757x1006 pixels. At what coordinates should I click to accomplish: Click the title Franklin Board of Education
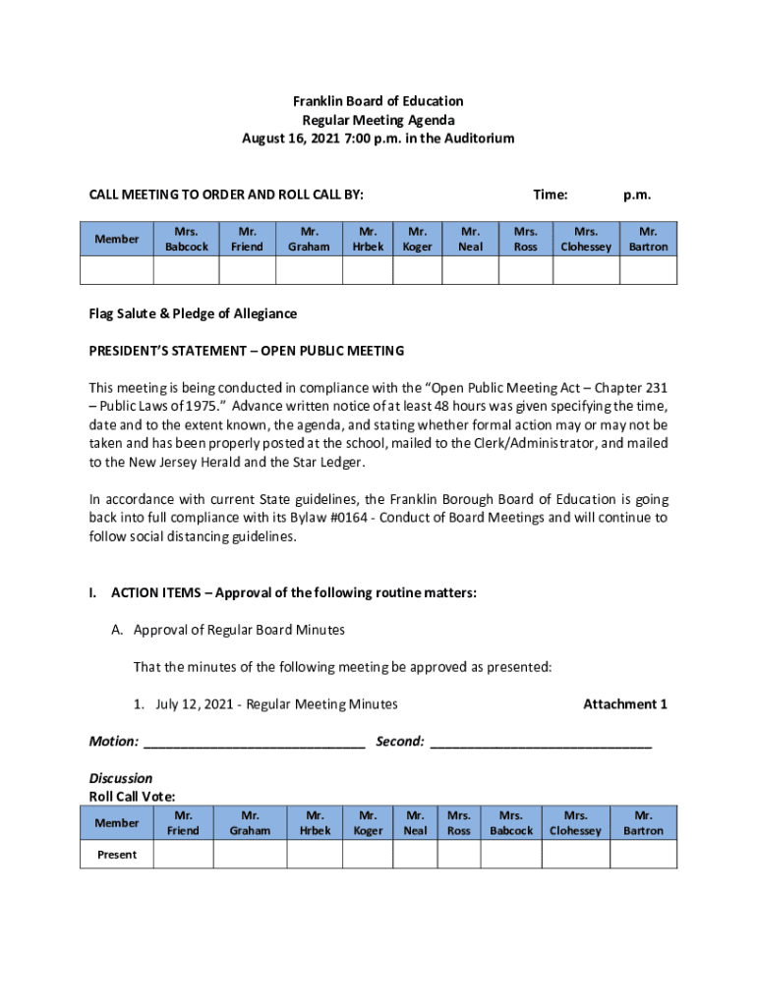coord(378,101)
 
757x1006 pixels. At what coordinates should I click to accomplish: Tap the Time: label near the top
coord(550,195)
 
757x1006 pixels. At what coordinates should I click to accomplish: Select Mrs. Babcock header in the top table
coord(186,239)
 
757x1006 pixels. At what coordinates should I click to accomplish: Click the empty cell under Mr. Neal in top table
coord(470,270)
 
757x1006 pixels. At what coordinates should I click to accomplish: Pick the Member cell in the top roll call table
coord(117,239)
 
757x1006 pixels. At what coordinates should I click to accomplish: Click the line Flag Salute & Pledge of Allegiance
coord(193,313)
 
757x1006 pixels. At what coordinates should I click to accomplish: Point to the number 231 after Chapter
coord(655,388)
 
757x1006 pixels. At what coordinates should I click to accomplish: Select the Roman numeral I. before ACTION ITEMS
coord(92,592)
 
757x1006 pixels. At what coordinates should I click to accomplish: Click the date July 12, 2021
coord(196,703)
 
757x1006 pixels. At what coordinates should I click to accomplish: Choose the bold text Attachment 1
coord(625,703)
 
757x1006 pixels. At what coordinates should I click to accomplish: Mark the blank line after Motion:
coord(254,743)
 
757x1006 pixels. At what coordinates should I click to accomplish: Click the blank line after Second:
coord(541,743)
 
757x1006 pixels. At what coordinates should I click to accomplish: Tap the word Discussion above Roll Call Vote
coord(121,778)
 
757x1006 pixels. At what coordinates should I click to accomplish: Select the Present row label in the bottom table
coord(117,855)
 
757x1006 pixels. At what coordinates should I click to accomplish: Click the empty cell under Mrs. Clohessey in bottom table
coord(575,855)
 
